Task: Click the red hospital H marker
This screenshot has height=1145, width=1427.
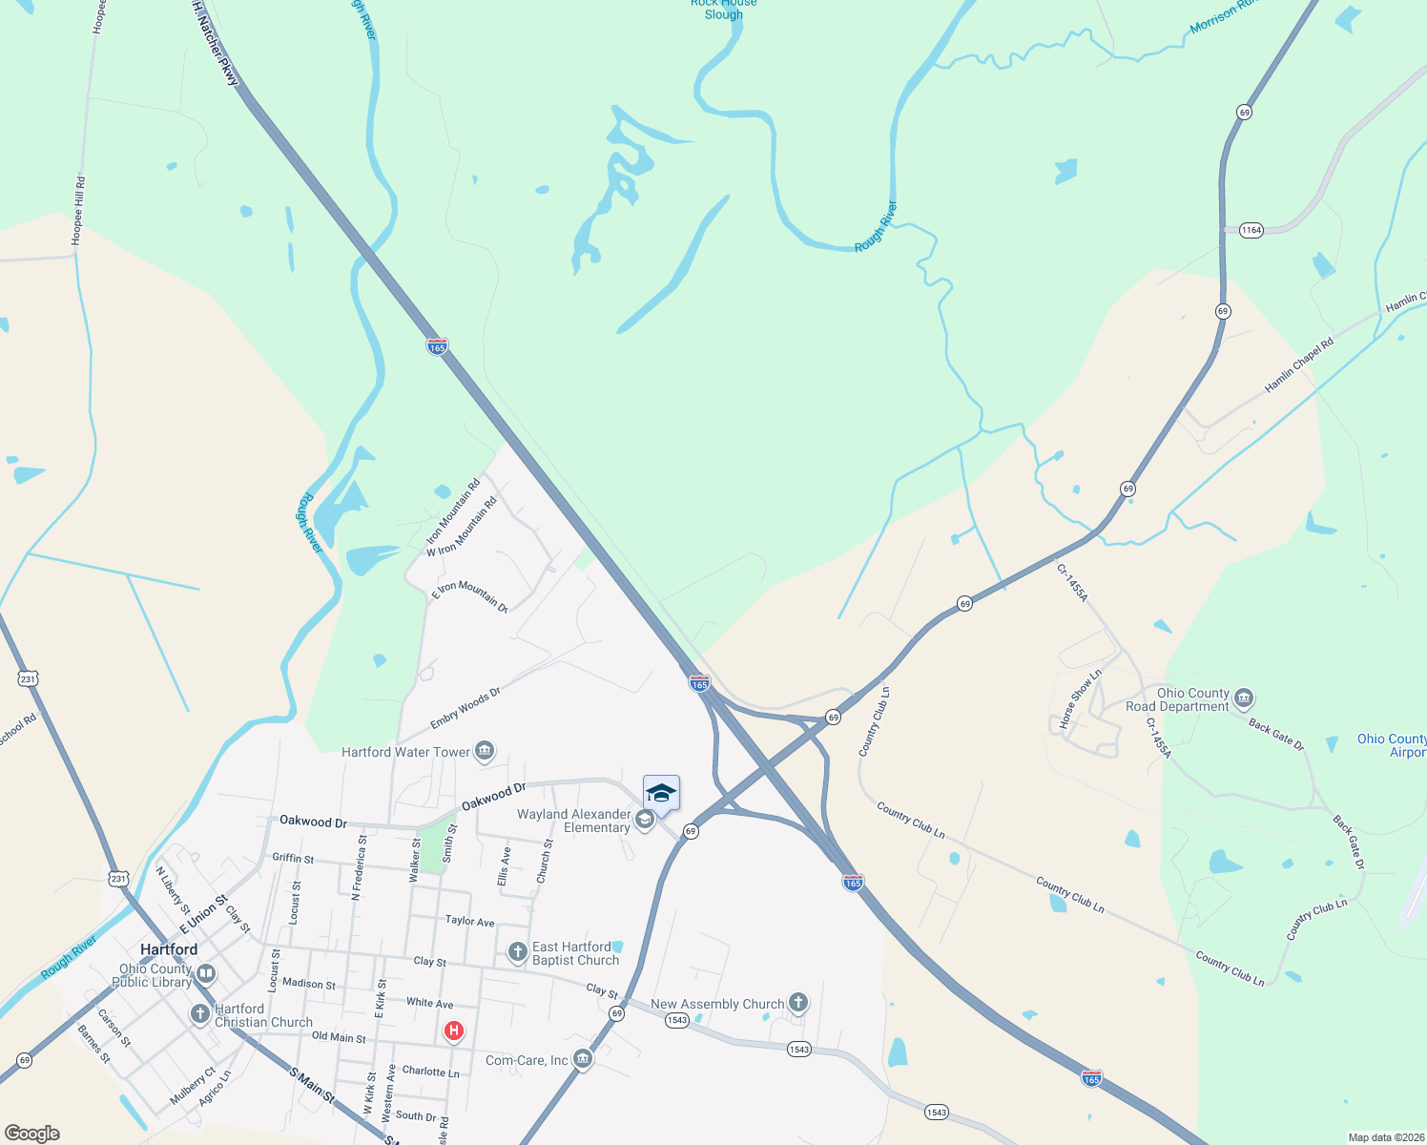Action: (x=454, y=1030)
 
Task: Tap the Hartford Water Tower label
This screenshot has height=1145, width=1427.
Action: (x=405, y=752)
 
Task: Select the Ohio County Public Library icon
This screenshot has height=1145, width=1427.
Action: (x=206, y=974)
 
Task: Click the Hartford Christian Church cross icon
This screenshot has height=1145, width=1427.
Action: (x=199, y=1013)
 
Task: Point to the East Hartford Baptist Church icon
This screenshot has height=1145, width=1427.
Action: (x=517, y=952)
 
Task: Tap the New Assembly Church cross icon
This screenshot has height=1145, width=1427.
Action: (x=798, y=1002)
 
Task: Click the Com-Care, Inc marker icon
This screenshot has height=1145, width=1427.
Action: (x=583, y=1058)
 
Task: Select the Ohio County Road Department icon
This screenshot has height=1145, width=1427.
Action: (x=1243, y=698)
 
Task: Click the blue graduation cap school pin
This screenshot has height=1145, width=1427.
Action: (x=661, y=793)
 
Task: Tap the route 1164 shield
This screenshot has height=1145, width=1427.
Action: (x=1251, y=230)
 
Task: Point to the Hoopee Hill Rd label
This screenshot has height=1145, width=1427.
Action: (x=78, y=211)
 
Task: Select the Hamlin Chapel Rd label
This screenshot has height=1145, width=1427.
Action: (x=1298, y=365)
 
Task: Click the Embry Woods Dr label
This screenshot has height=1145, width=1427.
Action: (x=465, y=708)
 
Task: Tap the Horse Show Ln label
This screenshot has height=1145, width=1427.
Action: (x=1080, y=698)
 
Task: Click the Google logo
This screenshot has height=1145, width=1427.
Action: (x=32, y=1134)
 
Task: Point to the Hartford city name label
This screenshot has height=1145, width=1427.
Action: (x=169, y=949)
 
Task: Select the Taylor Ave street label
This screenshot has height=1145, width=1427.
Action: (x=469, y=921)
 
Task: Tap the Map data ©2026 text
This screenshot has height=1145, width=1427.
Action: (x=1384, y=1137)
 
